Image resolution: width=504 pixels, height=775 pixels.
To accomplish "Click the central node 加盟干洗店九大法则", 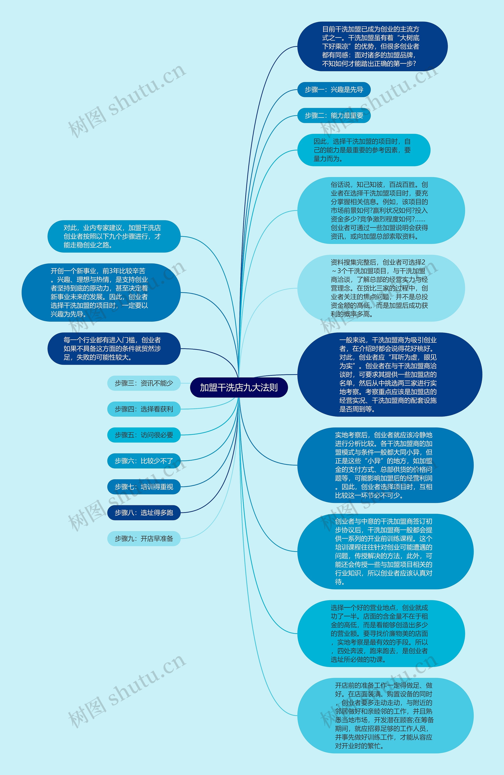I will pyautogui.click(x=239, y=388).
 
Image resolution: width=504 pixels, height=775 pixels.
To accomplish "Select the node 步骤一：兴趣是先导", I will pyautogui.click(x=334, y=90).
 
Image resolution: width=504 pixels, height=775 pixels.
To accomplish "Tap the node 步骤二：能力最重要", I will pyautogui.click(x=334, y=116).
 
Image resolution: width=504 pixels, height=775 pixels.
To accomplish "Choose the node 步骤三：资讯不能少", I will pyautogui.click(x=144, y=383).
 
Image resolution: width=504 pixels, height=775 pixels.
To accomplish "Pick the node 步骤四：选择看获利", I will pyautogui.click(x=144, y=409).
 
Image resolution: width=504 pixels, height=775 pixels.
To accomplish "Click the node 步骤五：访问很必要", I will pyautogui.click(x=144, y=435).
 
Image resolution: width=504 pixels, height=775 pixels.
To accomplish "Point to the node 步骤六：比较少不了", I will pyautogui.click(x=144, y=461).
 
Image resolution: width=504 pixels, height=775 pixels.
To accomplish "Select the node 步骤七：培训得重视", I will pyautogui.click(x=144, y=487).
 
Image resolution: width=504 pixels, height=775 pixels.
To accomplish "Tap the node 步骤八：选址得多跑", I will pyautogui.click(x=144, y=513).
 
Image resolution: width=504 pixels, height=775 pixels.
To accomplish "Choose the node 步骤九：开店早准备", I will pyautogui.click(x=144, y=539).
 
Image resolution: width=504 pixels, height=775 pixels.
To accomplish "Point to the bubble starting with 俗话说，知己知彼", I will pyautogui.click(x=381, y=210).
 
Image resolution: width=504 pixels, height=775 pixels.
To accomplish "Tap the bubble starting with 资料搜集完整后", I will pyautogui.click(x=381, y=288).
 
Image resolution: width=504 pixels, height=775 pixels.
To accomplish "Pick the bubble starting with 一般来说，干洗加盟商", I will pyautogui.click(x=389, y=374).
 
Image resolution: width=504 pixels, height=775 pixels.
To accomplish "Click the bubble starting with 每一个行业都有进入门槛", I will pyautogui.click(x=114, y=348).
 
